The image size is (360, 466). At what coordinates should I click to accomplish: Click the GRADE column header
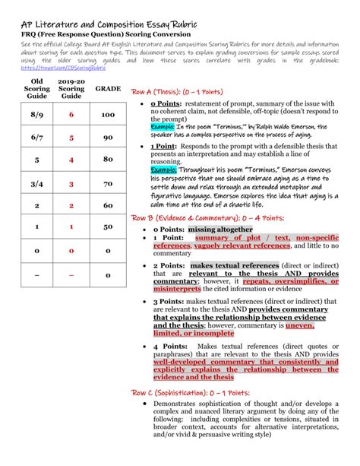[108, 89]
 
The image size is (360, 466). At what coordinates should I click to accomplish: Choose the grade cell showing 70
[108, 183]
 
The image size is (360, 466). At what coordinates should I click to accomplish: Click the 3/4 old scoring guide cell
[36, 183]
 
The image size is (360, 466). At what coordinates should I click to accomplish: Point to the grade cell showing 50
[108, 227]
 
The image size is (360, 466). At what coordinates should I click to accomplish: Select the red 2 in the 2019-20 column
[71, 205]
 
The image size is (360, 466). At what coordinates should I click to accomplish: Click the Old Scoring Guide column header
[36, 88]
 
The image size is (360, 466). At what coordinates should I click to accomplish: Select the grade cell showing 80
[108, 160]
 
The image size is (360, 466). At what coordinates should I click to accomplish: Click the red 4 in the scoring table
[71, 160]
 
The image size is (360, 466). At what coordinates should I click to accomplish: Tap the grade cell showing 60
[108, 205]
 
